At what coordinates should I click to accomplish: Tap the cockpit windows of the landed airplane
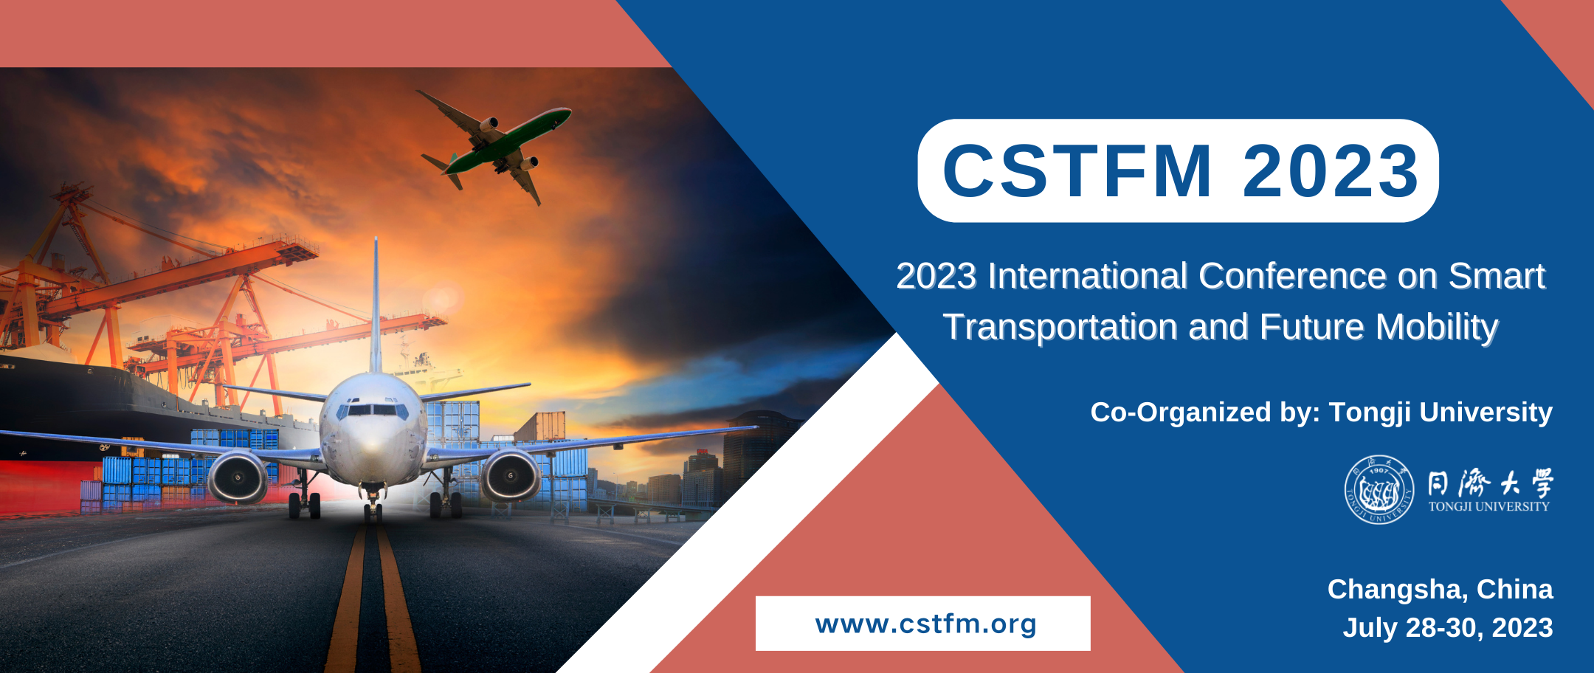coord(373,410)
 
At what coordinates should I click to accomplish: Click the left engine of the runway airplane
coord(238,476)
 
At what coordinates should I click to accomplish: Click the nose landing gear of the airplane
coord(373,503)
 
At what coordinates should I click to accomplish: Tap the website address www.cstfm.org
coord(925,624)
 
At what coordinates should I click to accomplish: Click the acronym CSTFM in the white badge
coord(1077,170)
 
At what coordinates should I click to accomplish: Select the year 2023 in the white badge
coord(1331,170)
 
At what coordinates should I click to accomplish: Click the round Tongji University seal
coord(1379,489)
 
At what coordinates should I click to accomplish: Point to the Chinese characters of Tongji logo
coord(1491,483)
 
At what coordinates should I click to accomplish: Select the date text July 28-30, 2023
coord(1448,628)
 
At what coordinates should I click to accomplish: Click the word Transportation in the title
coord(1060,328)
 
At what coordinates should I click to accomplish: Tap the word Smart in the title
coord(1497,277)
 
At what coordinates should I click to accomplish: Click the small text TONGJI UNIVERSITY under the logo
coord(1489,506)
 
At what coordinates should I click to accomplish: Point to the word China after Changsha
coord(1515,590)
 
